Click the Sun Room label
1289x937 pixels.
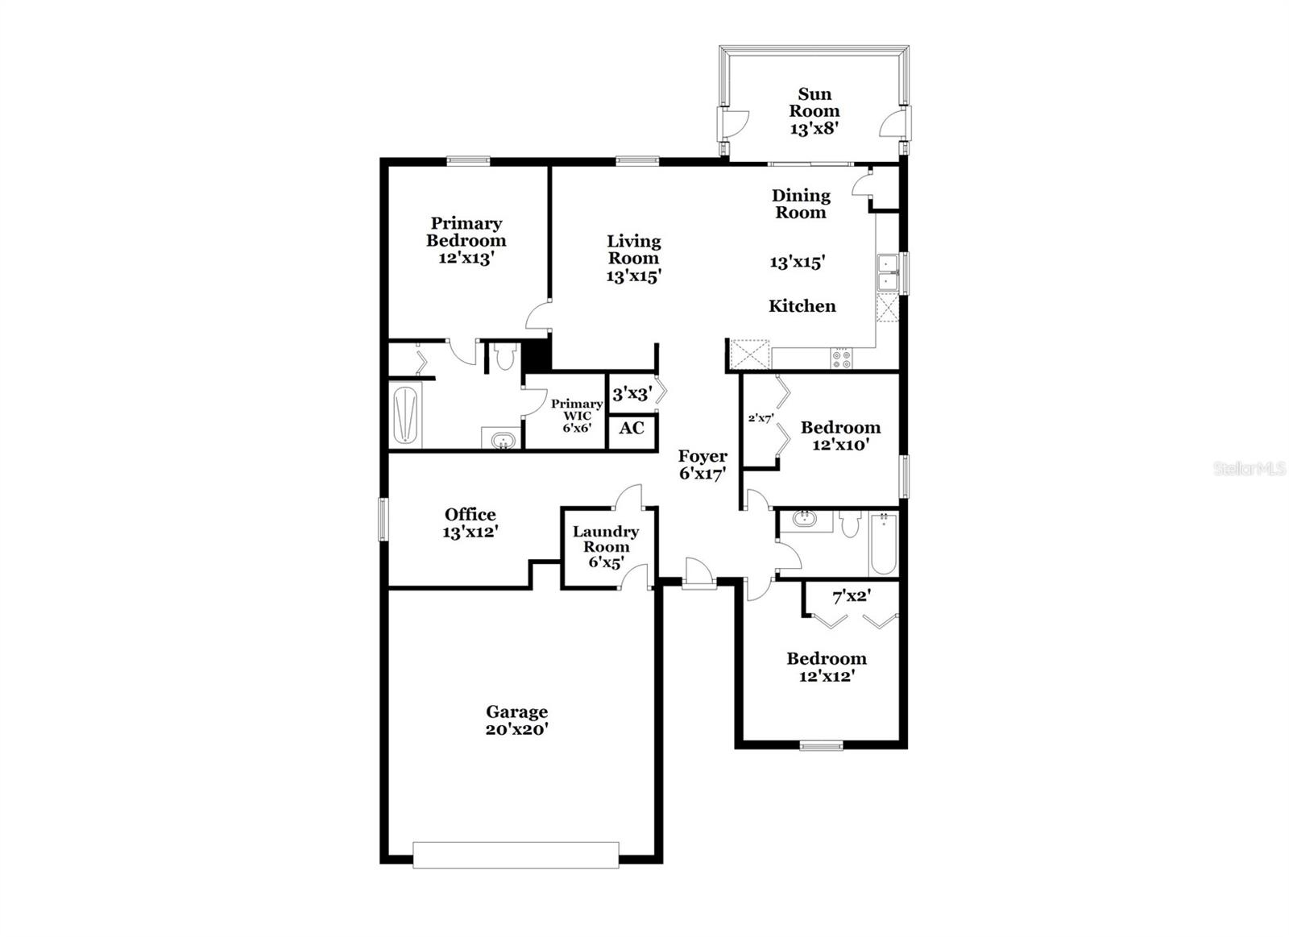pyautogui.click(x=814, y=111)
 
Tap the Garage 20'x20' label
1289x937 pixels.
pyautogui.click(x=516, y=720)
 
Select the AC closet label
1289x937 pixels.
pyautogui.click(x=632, y=428)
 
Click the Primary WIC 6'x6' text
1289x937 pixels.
pyautogui.click(x=577, y=416)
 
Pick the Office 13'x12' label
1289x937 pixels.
pyautogui.click(x=470, y=523)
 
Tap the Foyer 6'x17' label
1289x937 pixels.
pyautogui.click(x=703, y=465)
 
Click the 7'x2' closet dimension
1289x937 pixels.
pyautogui.click(x=852, y=597)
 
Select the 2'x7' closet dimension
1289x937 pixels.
pyautogui.click(x=761, y=418)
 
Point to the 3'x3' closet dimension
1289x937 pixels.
pyautogui.click(x=632, y=394)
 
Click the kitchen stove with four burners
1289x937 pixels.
pyautogui.click(x=841, y=359)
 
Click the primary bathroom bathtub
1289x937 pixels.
pyautogui.click(x=406, y=414)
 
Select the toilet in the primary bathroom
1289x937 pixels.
pyautogui.click(x=505, y=356)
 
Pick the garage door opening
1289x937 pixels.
pyautogui.click(x=516, y=855)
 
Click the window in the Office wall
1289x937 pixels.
pyautogui.click(x=384, y=517)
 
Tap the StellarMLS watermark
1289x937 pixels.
pyautogui.click(x=1249, y=469)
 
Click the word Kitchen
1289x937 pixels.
pyautogui.click(x=802, y=306)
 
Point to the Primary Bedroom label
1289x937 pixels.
pyautogui.click(x=466, y=240)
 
